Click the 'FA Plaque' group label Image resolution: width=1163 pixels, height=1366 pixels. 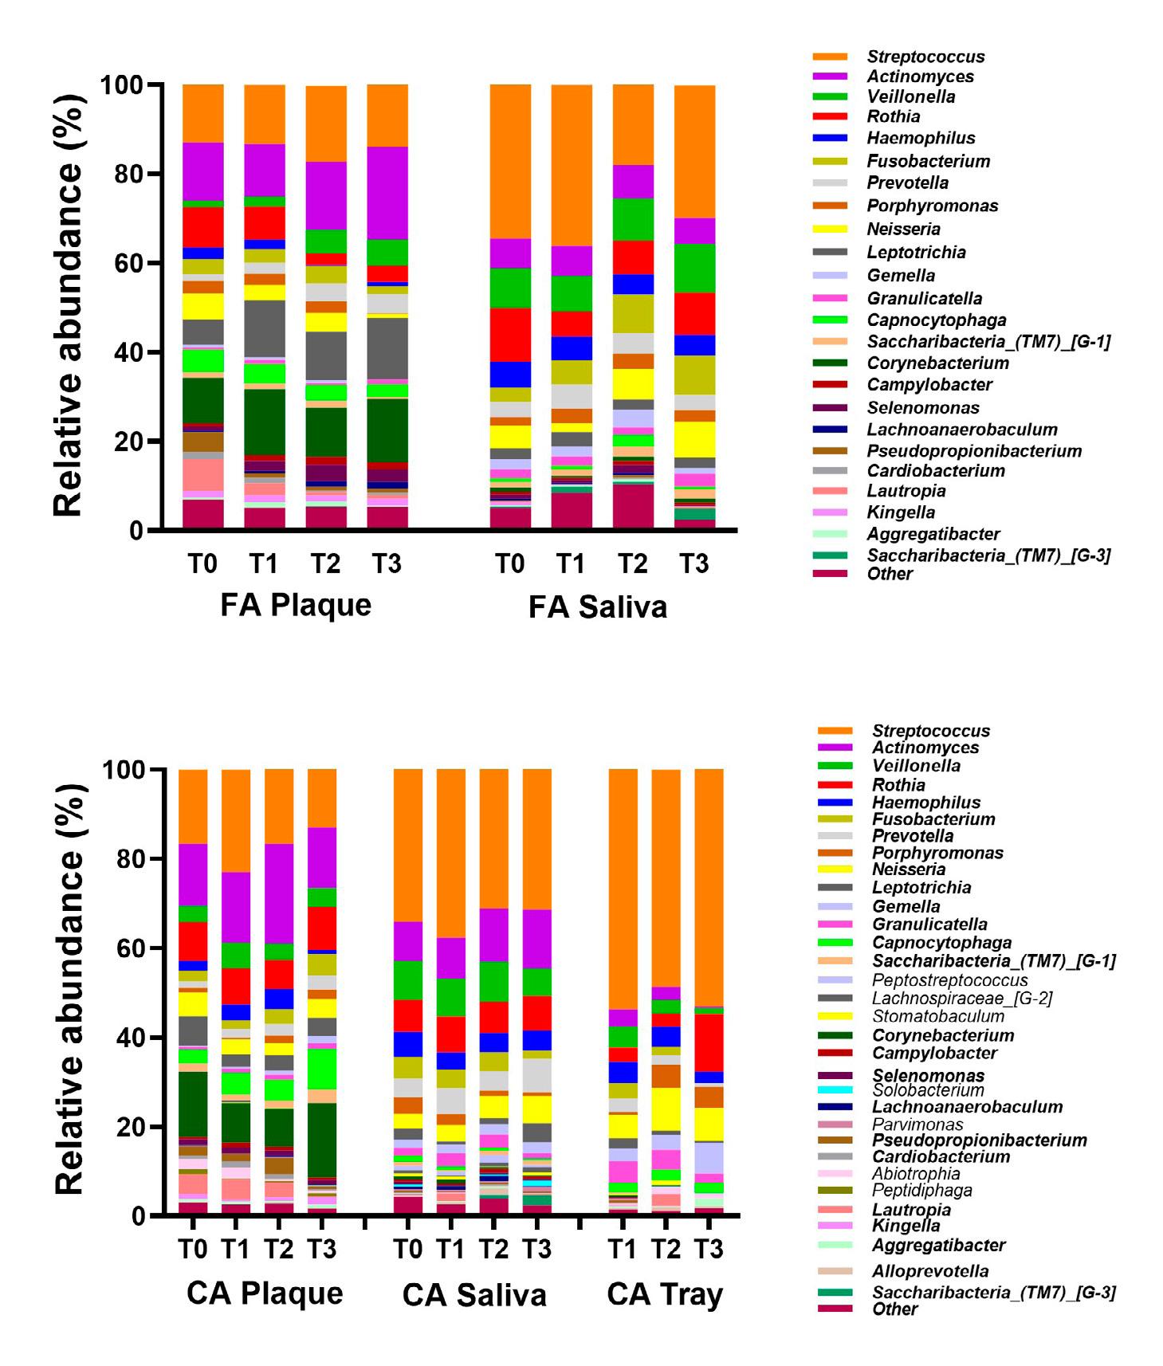coord(296,605)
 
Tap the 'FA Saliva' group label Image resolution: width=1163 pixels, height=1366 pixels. coord(597,607)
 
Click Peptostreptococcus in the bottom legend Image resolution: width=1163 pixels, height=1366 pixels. coord(949,980)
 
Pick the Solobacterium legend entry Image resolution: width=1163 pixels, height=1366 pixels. coord(928,1089)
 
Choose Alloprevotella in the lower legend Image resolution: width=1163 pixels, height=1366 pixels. coord(930,1271)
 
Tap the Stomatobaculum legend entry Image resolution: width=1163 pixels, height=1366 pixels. coord(937,1016)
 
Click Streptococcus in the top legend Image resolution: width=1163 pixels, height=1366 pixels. coord(925,57)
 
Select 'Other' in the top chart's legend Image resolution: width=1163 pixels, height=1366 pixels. coord(890,574)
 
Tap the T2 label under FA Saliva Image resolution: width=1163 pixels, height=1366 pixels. coord(633,564)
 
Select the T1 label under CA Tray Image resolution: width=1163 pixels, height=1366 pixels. coord(623,1249)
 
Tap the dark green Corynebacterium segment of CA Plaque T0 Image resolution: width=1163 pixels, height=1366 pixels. coord(192,1104)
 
